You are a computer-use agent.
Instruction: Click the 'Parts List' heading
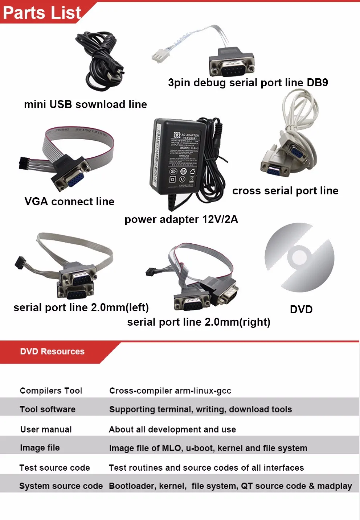click(x=42, y=13)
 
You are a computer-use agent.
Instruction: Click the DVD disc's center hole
click(x=300, y=257)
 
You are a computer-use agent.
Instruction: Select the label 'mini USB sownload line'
click(x=85, y=104)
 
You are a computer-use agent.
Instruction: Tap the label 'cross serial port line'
click(x=285, y=191)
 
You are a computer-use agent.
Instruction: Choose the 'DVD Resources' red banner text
click(x=52, y=351)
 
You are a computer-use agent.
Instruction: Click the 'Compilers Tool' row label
click(x=51, y=391)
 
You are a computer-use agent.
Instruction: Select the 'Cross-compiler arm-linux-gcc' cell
click(x=170, y=391)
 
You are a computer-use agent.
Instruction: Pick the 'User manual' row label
click(x=46, y=429)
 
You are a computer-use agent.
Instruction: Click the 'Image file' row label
click(x=40, y=448)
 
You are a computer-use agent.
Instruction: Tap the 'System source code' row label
click(x=61, y=486)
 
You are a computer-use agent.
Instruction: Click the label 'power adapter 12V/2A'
click(x=181, y=219)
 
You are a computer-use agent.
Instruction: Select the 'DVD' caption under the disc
click(x=301, y=309)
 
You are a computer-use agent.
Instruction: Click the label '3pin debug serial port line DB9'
click(x=248, y=83)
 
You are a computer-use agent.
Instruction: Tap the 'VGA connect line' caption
click(x=69, y=202)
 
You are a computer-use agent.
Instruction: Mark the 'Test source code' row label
click(x=54, y=468)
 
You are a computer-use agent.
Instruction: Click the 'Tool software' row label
click(x=48, y=409)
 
